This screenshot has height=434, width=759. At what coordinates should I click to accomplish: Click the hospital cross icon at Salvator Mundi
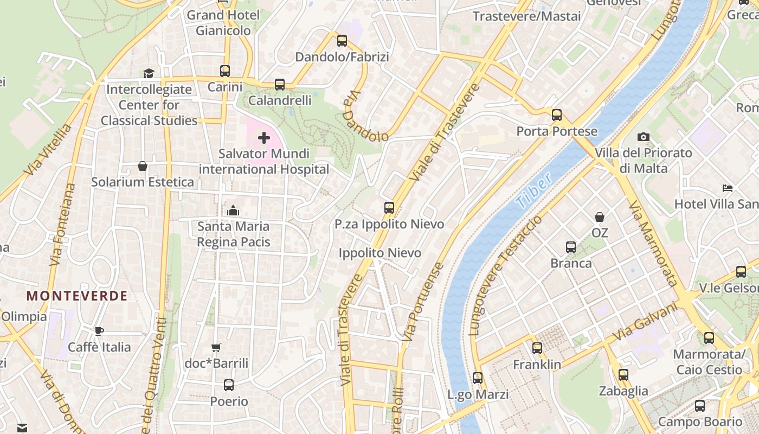(x=264, y=138)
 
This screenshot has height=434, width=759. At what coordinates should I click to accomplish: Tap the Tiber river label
(x=534, y=191)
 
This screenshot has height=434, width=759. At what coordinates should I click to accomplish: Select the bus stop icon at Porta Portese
(x=557, y=115)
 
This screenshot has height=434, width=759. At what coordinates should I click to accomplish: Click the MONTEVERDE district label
(x=77, y=296)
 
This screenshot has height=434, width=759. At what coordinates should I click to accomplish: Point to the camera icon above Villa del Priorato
(x=644, y=137)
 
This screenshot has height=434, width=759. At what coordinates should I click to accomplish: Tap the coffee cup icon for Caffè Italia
(x=99, y=331)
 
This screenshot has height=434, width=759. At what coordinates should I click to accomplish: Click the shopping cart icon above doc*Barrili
(x=216, y=347)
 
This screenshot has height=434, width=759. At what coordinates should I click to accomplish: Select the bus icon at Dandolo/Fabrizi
(x=342, y=41)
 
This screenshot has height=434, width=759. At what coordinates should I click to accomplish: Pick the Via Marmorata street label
(x=653, y=243)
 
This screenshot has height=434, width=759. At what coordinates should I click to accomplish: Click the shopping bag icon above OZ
(x=600, y=217)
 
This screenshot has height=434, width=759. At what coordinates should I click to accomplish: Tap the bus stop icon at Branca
(x=571, y=247)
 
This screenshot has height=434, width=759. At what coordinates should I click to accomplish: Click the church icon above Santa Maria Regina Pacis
(x=233, y=210)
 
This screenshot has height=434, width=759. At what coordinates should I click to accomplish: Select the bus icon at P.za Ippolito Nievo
(x=389, y=208)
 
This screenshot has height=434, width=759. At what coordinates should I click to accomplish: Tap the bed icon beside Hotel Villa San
(x=728, y=189)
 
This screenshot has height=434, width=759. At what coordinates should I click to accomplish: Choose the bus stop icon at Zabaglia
(x=623, y=374)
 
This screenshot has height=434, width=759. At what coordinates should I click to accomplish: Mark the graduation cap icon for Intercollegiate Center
(x=149, y=73)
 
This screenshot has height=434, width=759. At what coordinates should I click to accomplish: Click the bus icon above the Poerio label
(x=229, y=385)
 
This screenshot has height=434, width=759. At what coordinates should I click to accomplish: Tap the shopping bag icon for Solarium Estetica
(x=143, y=166)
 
